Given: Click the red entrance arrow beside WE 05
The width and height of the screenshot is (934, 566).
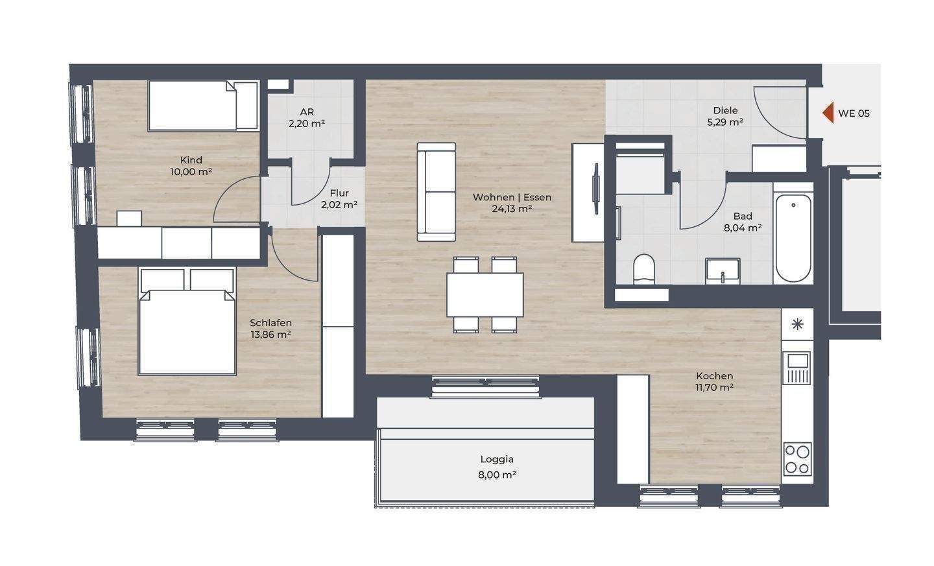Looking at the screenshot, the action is coord(828,113).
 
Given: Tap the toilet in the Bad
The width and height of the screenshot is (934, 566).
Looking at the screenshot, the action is coord(644,269).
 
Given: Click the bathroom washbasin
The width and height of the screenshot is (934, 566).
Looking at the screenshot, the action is coord(723,271).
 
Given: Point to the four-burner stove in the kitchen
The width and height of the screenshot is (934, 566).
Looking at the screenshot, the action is coord(797,459).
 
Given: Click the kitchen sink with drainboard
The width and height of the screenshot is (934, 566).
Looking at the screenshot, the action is coord(796,368).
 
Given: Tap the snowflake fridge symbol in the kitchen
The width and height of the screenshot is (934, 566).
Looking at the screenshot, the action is coord(797,324).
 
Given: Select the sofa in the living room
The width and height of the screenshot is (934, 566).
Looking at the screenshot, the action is coord(437,192).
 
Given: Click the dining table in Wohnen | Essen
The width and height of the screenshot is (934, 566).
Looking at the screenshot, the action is coord(485,294).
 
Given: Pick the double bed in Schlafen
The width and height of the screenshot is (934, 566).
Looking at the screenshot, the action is coord(187,322).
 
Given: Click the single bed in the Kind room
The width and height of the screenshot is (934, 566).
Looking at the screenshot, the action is coord(203,106).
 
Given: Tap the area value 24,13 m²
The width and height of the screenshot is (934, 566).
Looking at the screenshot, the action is coord(512,209).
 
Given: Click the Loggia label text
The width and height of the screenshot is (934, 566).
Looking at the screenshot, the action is coord(497,459).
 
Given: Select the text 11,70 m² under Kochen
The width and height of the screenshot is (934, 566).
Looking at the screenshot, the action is coord(714,388).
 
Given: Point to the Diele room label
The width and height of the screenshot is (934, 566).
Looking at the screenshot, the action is coord(726,110).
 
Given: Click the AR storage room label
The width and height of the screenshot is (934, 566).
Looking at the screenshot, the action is coord(307,112).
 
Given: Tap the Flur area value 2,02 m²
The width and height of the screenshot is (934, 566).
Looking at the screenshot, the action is coord(339,205).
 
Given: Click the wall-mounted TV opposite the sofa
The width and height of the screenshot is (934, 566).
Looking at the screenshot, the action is coord(596,189).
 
